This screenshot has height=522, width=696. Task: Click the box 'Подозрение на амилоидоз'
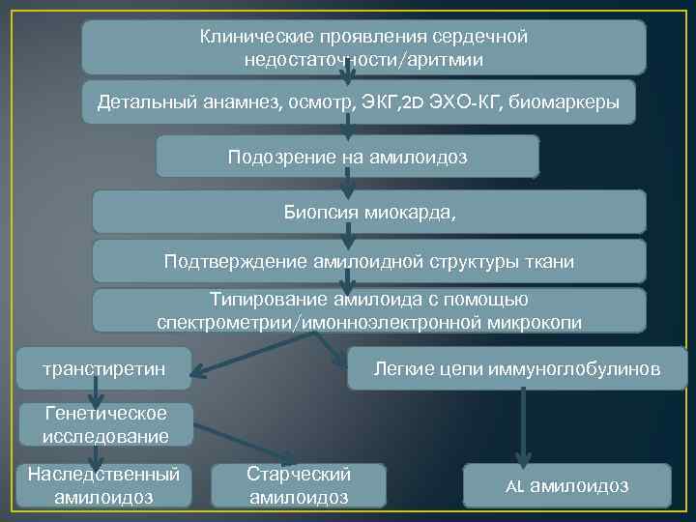[x=347, y=157]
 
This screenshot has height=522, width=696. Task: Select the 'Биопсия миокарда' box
[x=368, y=211]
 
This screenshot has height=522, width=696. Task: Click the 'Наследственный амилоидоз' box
[x=103, y=485]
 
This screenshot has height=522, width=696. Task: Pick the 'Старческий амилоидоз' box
[x=299, y=485]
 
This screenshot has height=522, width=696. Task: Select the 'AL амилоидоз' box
[x=566, y=485]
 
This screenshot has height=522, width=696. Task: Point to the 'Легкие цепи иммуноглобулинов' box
[x=517, y=368]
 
